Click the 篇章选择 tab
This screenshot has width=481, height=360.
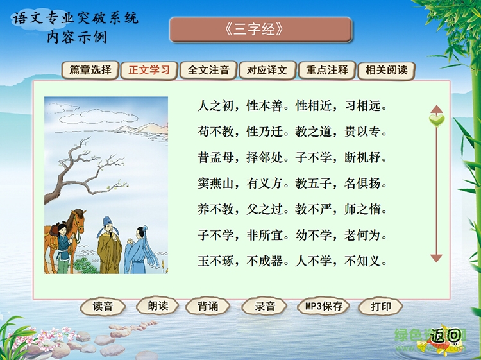(90, 70)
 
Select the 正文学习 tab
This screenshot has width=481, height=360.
(149, 70)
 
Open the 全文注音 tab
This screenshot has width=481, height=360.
(208, 70)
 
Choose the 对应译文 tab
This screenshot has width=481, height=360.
(267, 70)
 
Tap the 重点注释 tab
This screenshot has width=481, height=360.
(327, 70)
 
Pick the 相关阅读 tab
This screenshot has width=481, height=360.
(386, 70)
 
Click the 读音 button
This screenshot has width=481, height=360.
(103, 306)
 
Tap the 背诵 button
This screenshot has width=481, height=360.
(208, 306)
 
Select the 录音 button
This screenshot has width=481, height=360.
(265, 306)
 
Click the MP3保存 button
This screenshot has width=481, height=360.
(324, 306)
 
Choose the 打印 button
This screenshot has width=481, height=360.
(381, 306)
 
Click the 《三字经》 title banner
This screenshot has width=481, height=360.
(260, 30)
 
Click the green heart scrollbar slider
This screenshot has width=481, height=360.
(437, 119)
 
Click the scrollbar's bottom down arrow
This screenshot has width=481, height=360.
(437, 258)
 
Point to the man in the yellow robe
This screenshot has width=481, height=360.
(110, 247)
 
